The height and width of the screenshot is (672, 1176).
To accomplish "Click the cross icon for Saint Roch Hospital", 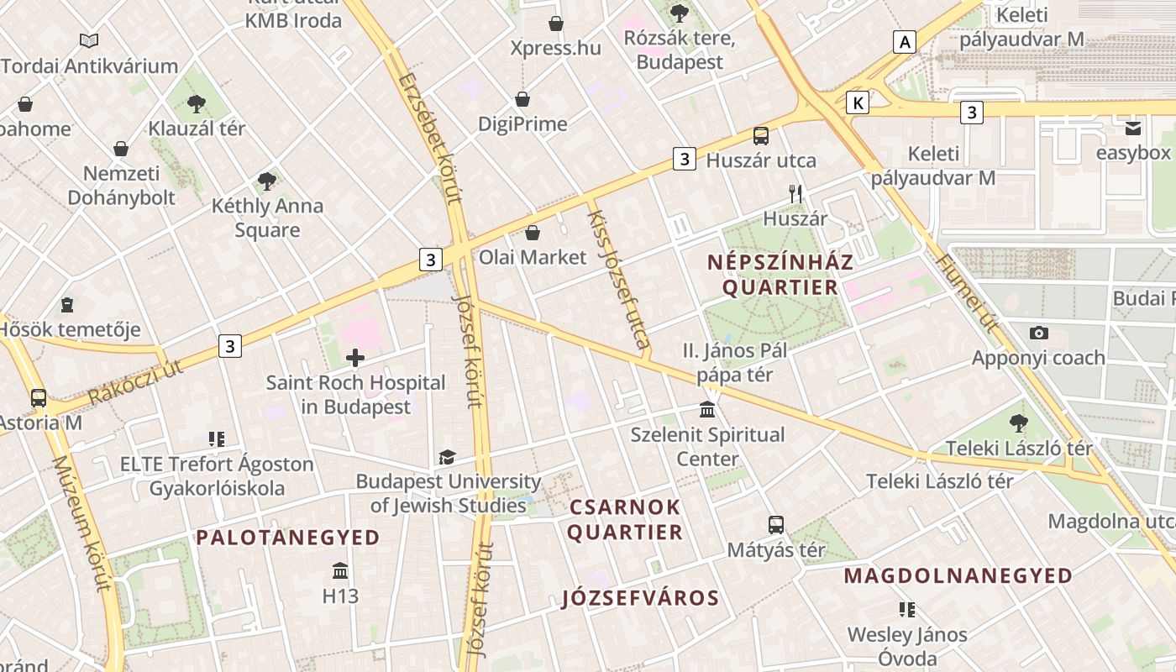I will (355, 359).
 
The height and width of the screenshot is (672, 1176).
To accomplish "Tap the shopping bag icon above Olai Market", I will (532, 233).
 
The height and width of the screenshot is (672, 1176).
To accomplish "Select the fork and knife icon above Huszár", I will (795, 194).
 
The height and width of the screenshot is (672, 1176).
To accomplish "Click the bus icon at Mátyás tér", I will (776, 525).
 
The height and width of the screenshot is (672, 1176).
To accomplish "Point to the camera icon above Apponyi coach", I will (1038, 333).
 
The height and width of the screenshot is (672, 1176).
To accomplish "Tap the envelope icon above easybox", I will (1133, 129).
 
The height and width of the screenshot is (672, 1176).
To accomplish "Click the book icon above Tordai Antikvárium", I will (89, 40).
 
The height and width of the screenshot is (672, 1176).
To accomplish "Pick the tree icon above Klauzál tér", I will (197, 104).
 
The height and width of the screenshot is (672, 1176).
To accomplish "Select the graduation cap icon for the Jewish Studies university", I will (447, 458).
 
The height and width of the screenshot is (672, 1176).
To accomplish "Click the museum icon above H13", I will (340, 571).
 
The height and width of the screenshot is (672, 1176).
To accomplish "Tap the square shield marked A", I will (904, 41).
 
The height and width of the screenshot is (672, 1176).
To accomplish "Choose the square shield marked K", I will (857, 102).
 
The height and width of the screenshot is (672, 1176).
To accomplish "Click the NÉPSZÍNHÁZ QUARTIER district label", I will (780, 275).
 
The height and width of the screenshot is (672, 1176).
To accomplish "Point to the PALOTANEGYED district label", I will (288, 538).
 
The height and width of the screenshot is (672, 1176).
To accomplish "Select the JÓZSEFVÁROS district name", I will (640, 598).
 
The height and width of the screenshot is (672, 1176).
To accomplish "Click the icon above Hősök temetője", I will (67, 304).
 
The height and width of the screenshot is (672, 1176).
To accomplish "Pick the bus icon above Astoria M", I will (39, 397).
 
